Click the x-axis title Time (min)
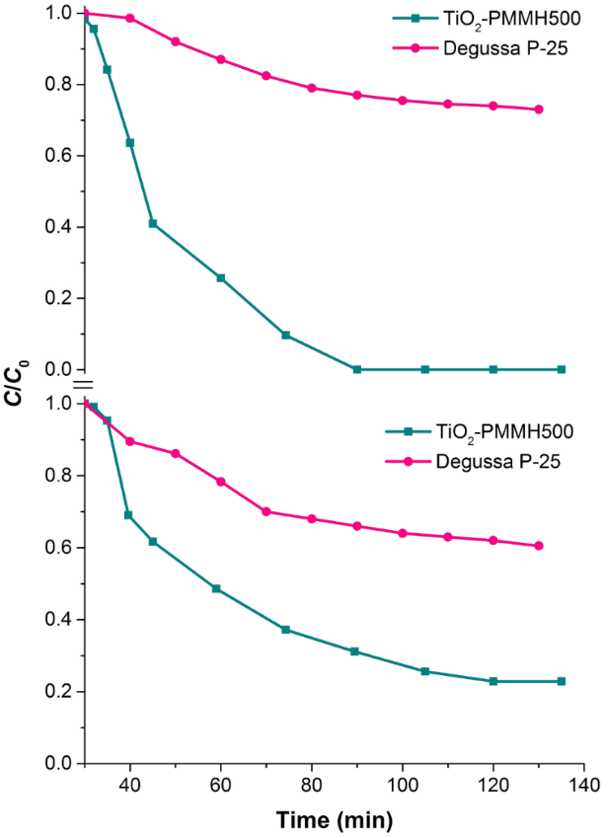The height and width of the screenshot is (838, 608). tap(334, 819)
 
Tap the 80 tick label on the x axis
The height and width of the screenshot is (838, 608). tap(312, 786)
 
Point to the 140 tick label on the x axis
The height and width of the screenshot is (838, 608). tap(583, 786)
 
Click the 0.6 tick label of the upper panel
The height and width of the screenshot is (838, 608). tap(59, 156)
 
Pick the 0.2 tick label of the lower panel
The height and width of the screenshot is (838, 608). tap(59, 692)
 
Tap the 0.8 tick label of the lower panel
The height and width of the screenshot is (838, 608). tap(59, 476)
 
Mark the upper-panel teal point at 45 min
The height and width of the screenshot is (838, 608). tap(153, 223)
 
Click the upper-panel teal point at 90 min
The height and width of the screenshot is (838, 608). tap(356, 369)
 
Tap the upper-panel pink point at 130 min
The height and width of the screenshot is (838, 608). tap(539, 110)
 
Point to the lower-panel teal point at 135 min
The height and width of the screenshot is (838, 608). tap(562, 681)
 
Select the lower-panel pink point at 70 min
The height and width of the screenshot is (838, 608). tap(266, 511)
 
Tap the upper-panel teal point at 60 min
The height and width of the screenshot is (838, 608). tap(220, 277)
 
